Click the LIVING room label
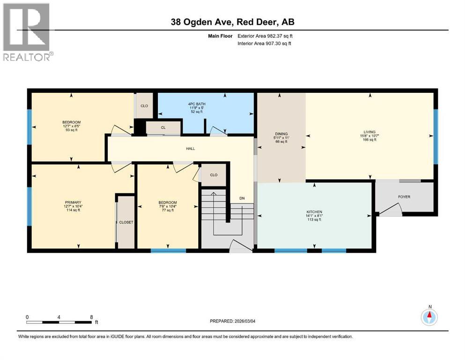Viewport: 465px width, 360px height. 369,132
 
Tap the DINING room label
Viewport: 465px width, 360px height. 281,134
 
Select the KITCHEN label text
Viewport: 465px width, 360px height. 314,212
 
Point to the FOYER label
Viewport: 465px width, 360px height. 404,197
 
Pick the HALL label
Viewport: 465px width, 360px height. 190,149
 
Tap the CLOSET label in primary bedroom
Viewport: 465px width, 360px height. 126,222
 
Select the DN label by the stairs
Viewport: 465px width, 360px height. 242,198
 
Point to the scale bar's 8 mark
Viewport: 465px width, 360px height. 91,317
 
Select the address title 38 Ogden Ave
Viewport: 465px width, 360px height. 232,22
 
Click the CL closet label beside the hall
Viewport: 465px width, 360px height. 162,127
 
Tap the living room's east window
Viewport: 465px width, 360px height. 435,136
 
